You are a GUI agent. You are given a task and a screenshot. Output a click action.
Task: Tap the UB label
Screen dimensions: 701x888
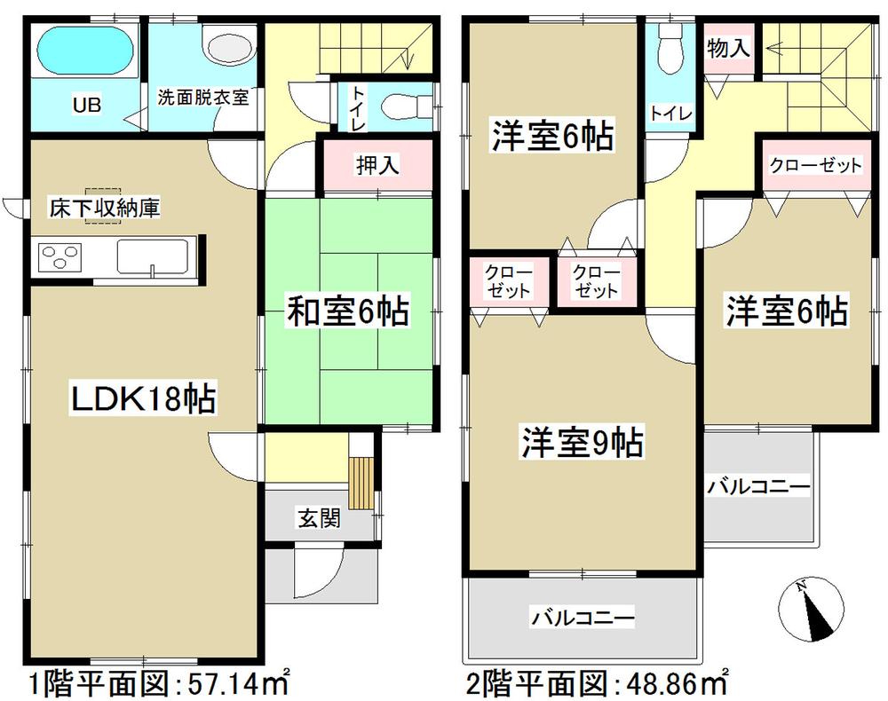pos(86,106)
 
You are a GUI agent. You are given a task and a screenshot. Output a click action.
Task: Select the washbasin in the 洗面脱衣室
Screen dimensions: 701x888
pos(218,42)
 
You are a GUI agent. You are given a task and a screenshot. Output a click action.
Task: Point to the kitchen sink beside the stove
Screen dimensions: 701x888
pos(153,258)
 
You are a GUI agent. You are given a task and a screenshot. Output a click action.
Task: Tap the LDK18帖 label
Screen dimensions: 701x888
pos(142,400)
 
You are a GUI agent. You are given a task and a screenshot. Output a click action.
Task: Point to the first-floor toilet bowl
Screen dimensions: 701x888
pos(395,106)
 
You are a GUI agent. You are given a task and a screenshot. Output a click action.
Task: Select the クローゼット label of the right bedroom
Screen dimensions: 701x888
pos(815,165)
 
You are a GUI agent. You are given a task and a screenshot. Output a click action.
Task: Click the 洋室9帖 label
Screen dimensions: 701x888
pos(582,442)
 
